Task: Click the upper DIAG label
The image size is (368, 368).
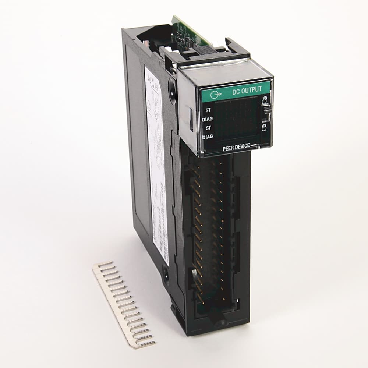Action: pyautogui.click(x=208, y=119)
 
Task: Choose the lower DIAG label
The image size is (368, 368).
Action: pyautogui.click(x=208, y=137)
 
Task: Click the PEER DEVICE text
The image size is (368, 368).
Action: pyautogui.click(x=236, y=146)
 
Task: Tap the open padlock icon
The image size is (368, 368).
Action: pyautogui.click(x=264, y=99)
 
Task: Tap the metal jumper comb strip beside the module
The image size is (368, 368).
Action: pyautogui.click(x=124, y=304)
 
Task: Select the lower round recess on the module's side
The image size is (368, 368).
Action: pyautogui.click(x=166, y=274)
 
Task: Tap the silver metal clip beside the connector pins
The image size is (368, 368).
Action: pyautogui.click(x=193, y=274)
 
